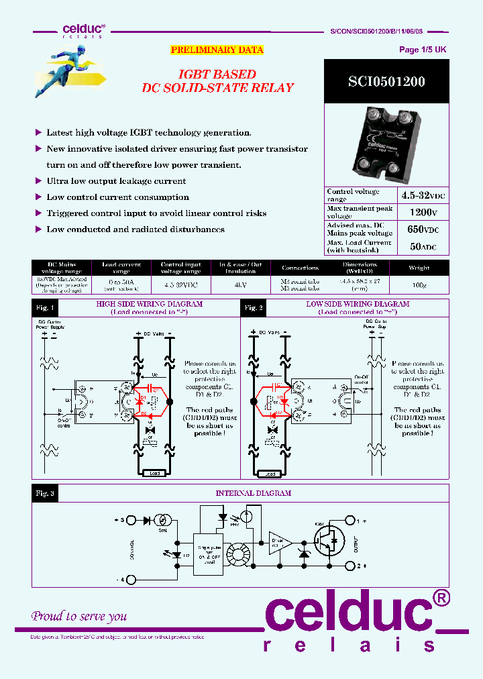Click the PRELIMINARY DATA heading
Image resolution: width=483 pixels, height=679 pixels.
pyautogui.click(x=217, y=50)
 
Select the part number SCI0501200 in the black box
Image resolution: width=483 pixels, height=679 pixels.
pyautogui.click(x=386, y=82)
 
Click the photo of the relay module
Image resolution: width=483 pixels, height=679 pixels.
pyautogui.click(x=386, y=147)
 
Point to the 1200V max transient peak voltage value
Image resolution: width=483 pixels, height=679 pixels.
pyautogui.click(x=423, y=212)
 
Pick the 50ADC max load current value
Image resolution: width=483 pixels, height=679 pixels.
pyautogui.click(x=423, y=246)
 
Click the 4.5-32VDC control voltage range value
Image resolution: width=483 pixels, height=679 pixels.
pyautogui.click(x=423, y=195)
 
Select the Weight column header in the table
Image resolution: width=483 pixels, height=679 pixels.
pyautogui.click(x=419, y=267)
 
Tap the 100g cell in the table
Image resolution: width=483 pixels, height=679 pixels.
pyautogui.click(x=419, y=284)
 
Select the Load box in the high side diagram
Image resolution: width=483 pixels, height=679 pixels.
pyautogui.click(x=155, y=473)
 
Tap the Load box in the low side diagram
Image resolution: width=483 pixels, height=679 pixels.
pyautogui.click(x=270, y=473)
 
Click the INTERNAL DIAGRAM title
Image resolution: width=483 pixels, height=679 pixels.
pyautogui.click(x=253, y=493)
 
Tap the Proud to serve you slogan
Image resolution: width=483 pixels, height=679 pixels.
pyautogui.click(x=79, y=616)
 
